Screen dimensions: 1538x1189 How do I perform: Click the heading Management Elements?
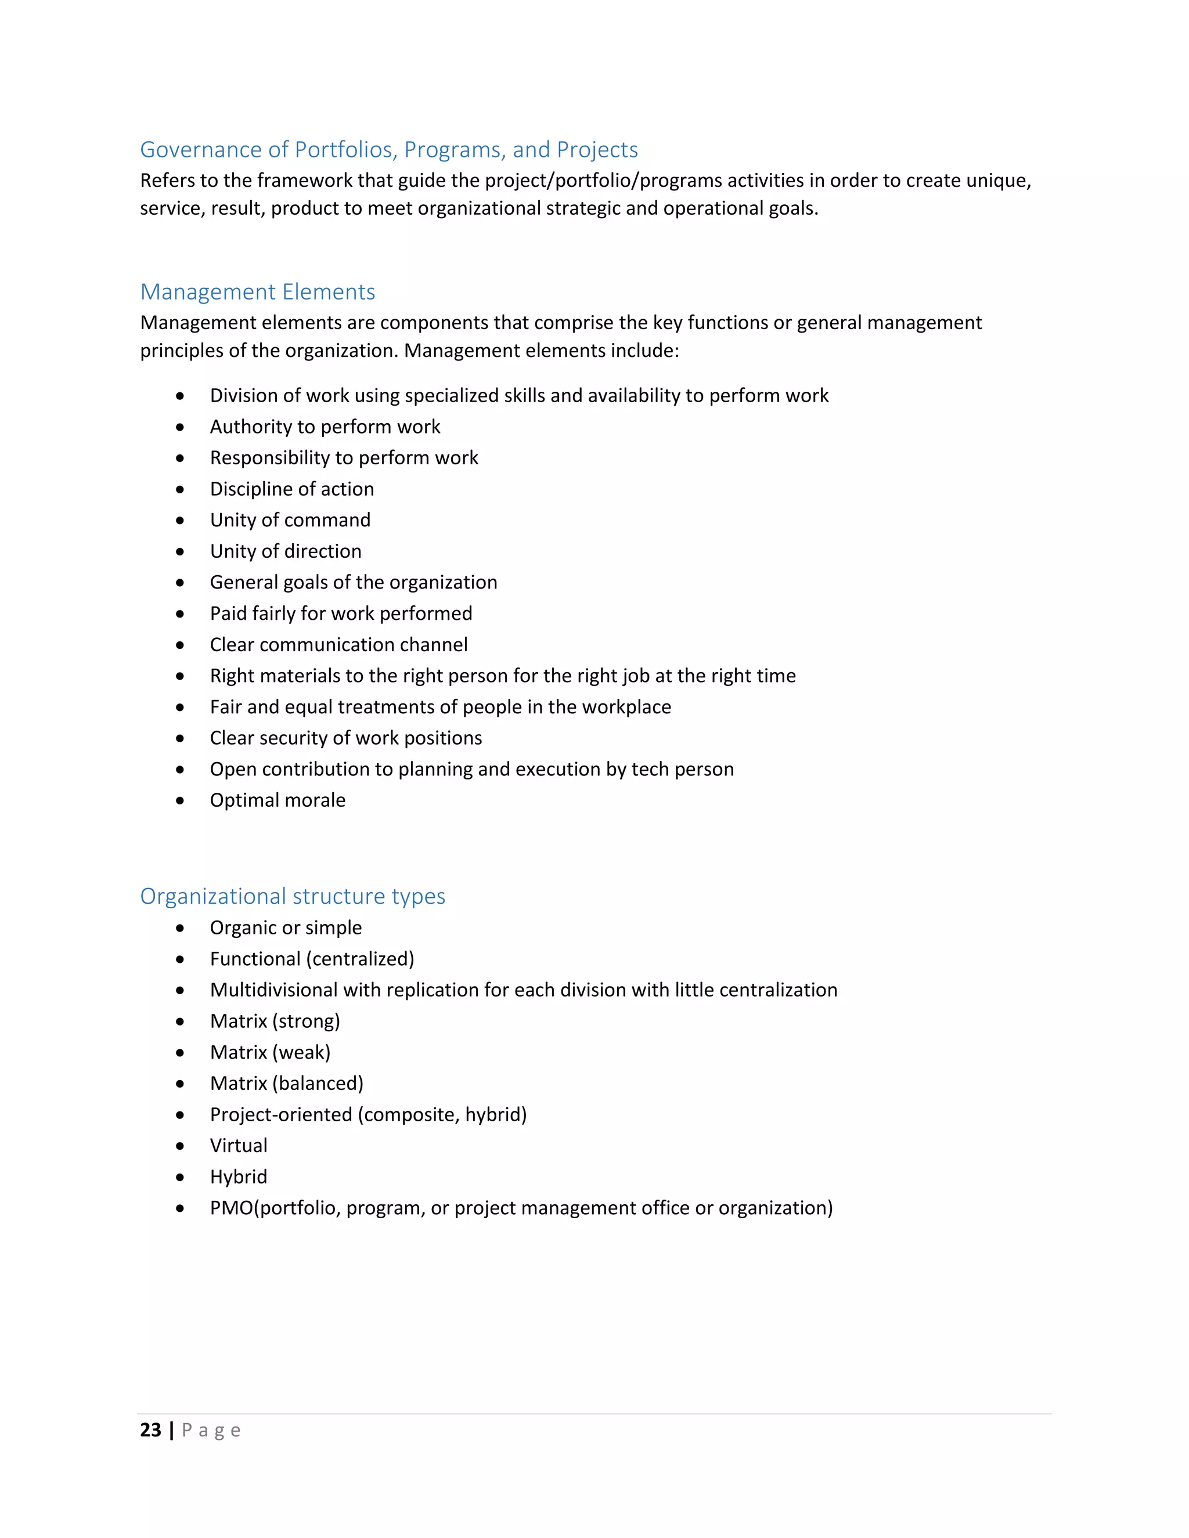point(257,291)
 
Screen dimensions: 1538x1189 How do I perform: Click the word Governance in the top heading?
point(201,149)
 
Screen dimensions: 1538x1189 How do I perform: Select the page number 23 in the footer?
point(151,1429)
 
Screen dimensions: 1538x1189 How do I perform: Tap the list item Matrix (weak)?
point(270,1052)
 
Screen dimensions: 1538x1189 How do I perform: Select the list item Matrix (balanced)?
point(287,1083)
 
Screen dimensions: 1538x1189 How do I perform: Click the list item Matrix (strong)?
point(275,1021)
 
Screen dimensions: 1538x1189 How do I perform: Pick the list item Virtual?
point(238,1145)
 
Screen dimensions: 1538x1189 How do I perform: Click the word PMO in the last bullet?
point(231,1208)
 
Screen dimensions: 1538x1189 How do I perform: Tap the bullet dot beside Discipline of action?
point(181,489)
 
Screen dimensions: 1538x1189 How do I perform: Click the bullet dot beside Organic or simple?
point(181,928)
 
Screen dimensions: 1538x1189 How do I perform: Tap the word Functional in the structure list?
point(255,959)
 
